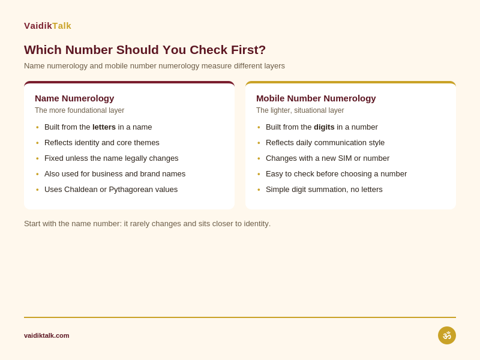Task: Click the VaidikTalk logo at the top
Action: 47,26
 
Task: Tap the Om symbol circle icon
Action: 446,335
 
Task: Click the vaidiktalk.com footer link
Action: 47,335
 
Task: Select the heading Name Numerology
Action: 74,98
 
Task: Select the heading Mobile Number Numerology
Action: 316,98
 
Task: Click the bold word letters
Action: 104,127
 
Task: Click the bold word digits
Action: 324,127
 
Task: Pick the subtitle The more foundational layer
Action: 80,110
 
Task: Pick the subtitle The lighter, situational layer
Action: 300,110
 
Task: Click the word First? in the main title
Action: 248,50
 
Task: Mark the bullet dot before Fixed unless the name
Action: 37,158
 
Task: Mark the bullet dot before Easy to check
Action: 259,174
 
